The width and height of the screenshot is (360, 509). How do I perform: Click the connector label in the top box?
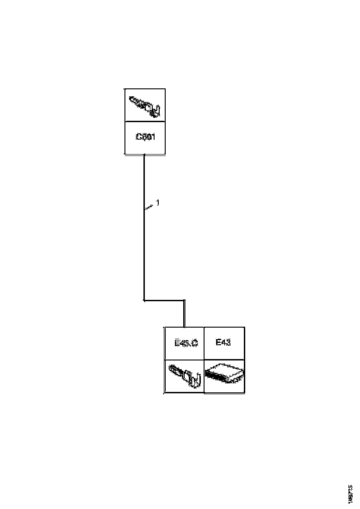(x=145, y=137)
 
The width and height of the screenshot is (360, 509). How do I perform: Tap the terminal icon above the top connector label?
(x=144, y=106)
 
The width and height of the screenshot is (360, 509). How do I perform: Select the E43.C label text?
(x=186, y=343)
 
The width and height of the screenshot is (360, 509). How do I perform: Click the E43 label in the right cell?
(x=223, y=343)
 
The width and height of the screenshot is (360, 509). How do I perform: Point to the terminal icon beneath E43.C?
(x=184, y=376)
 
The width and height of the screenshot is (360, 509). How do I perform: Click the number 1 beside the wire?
(x=157, y=203)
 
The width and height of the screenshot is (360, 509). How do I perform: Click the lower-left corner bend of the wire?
(x=144, y=301)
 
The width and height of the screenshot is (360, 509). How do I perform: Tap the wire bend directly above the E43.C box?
(x=184, y=301)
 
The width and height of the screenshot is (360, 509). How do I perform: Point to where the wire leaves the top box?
(x=144, y=155)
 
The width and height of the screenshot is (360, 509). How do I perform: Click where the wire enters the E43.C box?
(x=184, y=327)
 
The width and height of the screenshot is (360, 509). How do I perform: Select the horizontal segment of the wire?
(x=164, y=301)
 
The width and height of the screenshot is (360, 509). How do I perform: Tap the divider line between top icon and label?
(x=145, y=122)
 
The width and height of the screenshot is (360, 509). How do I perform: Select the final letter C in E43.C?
(x=195, y=343)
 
